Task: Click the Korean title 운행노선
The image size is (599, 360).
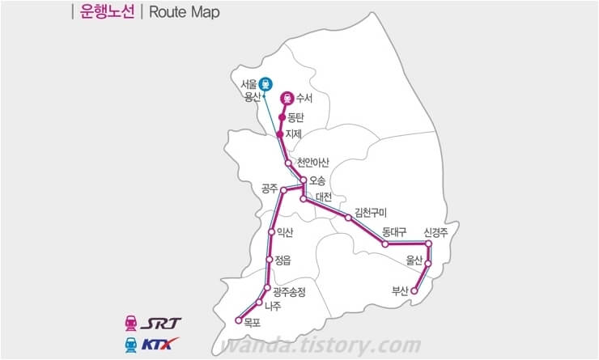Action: [108, 12]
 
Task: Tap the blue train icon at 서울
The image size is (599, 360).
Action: [266, 83]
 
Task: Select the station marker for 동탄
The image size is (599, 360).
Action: [282, 117]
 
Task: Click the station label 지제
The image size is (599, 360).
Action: [294, 134]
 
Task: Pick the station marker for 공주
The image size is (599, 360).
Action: [283, 190]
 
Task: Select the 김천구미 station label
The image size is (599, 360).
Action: [372, 214]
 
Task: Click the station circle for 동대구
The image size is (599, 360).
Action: [385, 244]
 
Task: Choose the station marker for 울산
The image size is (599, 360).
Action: [428, 262]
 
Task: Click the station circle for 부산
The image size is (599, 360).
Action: [414, 291]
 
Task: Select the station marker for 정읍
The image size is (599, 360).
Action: [271, 260]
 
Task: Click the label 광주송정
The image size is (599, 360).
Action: [289, 292]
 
